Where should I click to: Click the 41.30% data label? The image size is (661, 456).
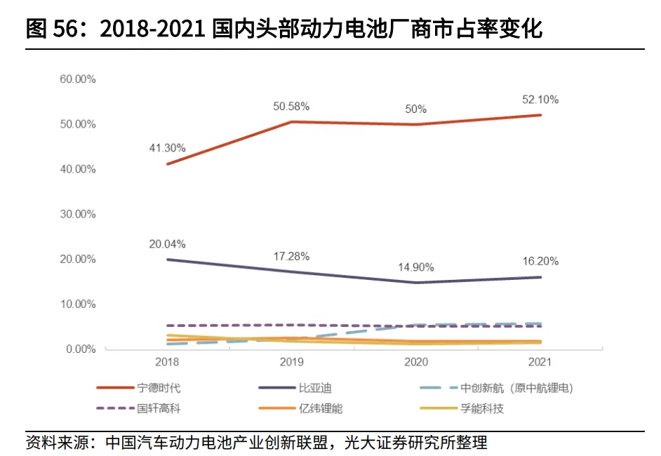point(167,148)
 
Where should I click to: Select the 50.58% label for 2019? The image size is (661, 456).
point(291,107)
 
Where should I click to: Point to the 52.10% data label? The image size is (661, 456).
point(540,100)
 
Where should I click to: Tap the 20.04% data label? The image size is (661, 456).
point(167,244)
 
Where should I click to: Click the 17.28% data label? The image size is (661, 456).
point(291,256)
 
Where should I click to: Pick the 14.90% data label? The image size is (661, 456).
point(416,267)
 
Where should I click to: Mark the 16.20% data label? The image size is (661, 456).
point(540,261)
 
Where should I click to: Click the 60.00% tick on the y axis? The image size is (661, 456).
point(77,79)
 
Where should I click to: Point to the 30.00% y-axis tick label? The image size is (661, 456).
point(77,214)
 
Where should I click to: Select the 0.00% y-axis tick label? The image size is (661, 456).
point(80,349)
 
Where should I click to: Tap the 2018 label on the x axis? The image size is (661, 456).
point(167,363)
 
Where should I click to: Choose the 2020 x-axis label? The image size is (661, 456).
point(416,363)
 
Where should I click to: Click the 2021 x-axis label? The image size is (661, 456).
point(540,363)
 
